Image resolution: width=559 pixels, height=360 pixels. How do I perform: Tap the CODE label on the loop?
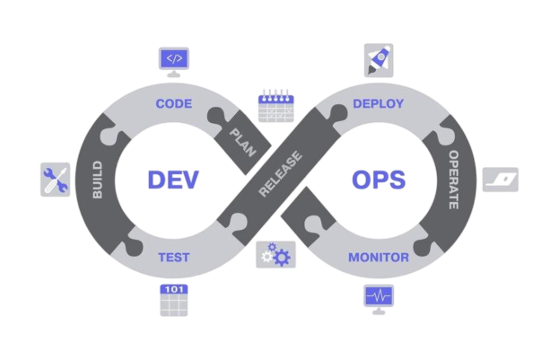coord(174,104)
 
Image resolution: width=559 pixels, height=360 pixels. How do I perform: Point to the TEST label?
coord(173,257)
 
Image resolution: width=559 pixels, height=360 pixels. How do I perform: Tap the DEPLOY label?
coord(378,104)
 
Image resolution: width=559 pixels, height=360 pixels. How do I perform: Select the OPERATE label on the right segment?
coord(453,180)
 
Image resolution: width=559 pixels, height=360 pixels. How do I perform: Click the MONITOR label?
coord(379,258)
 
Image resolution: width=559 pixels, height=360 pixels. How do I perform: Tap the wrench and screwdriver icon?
coord(55,180)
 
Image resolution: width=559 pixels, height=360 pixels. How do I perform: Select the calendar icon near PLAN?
coord(275,105)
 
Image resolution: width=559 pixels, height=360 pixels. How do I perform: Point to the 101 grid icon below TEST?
coord(173,299)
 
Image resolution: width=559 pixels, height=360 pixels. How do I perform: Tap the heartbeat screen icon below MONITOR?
coord(378,297)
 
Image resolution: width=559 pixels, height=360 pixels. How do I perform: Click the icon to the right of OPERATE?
coord(500,180)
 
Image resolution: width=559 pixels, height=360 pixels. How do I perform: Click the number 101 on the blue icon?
coord(173,289)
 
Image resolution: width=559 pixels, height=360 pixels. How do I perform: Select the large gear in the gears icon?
coord(281,259)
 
